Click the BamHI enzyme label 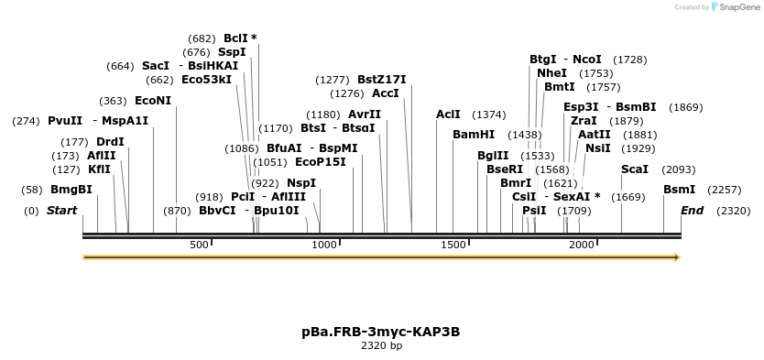point(474,135)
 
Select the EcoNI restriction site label point(153,101)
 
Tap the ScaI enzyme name point(635,169)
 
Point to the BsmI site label point(679,190)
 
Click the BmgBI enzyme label point(71,190)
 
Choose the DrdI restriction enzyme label point(110,142)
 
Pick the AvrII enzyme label point(365,115)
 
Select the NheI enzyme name point(551,73)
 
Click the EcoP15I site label point(321,162)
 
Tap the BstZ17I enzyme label point(382,80)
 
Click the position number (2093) point(679,169)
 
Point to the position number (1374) point(488,115)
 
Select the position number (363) point(113,101)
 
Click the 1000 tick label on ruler point(324,245)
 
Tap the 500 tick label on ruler point(200,245)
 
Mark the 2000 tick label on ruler point(582,245)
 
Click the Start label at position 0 point(61,211)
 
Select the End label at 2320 point(692,211)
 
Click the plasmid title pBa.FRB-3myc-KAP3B point(381,331)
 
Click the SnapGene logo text point(741,7)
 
